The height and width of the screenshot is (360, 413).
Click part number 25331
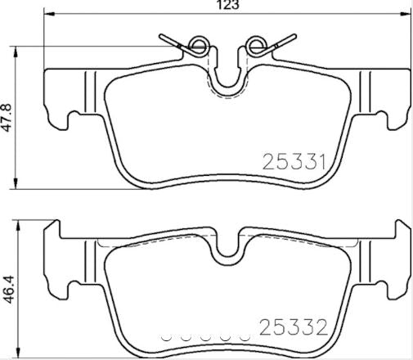[294, 162]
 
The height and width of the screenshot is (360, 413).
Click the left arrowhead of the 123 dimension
[47, 14]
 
